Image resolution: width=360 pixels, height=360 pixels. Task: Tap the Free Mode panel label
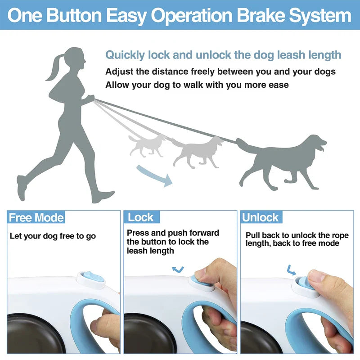(36, 218)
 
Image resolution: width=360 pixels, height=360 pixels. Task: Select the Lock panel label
(141, 217)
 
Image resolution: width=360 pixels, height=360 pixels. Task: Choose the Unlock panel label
(261, 218)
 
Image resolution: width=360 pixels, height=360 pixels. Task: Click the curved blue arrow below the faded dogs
(155, 175)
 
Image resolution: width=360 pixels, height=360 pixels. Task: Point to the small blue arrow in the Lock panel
(179, 269)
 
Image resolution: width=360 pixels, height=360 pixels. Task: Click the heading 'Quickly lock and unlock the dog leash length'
(223, 55)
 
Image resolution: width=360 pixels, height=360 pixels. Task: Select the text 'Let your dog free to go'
(53, 236)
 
